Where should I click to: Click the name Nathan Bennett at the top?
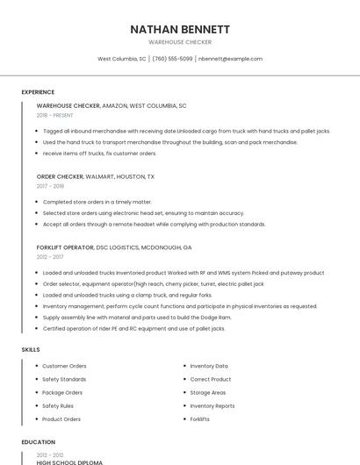(180, 29)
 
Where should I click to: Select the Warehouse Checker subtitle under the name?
(180, 42)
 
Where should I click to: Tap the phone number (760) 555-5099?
(172, 59)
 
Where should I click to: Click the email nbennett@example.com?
(230, 59)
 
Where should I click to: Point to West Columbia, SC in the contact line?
(122, 59)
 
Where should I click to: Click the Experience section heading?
(38, 92)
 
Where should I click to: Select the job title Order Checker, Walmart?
(96, 176)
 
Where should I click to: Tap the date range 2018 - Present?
(55, 115)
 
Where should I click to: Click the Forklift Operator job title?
(66, 247)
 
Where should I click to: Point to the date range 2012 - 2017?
(50, 257)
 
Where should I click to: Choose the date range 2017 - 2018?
(50, 186)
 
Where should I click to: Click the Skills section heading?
(31, 350)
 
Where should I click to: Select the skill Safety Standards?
(64, 379)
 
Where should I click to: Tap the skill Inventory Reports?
(212, 406)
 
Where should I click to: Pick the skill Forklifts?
(200, 419)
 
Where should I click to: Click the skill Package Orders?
(62, 392)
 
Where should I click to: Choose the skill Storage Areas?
(208, 392)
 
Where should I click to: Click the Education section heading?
(38, 442)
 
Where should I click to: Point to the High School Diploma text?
(69, 461)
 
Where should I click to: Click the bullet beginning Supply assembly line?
(137, 317)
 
